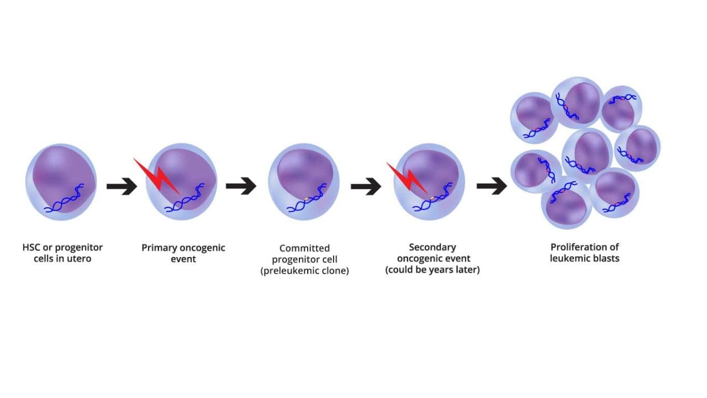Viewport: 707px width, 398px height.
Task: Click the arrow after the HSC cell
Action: click(122, 187)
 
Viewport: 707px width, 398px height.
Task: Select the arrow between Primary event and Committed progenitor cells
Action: click(241, 186)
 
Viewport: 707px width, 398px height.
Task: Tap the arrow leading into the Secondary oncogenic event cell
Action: click(366, 186)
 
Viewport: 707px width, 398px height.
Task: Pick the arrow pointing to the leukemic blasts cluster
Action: click(492, 186)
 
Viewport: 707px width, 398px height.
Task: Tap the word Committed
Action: click(304, 248)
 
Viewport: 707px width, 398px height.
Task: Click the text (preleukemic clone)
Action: click(304, 271)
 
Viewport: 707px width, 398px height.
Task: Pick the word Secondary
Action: click(432, 247)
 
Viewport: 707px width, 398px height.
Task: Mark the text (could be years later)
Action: click(432, 270)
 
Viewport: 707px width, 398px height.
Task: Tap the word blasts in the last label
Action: click(605, 258)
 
